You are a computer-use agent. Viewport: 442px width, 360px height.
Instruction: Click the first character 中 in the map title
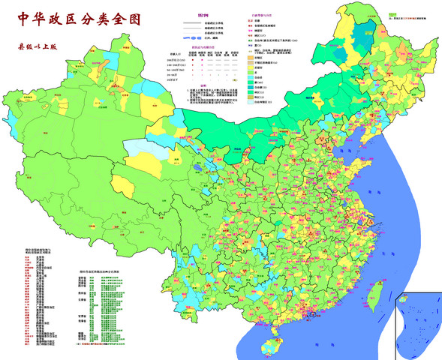tap(17, 17)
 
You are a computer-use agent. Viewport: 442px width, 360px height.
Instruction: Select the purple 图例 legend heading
tap(203, 15)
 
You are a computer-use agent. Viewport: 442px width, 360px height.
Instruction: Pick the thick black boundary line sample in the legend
tap(191, 24)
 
